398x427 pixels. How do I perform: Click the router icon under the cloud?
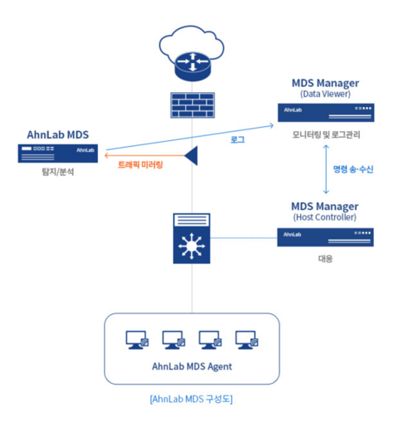click(192, 66)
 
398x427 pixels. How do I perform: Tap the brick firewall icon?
click(192, 105)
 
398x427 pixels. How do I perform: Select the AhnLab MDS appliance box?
click(58, 153)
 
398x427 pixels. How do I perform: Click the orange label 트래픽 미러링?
click(140, 165)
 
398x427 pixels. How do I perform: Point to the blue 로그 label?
click(238, 139)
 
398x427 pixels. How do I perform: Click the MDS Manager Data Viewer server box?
click(326, 113)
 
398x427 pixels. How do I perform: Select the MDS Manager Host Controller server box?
click(325, 237)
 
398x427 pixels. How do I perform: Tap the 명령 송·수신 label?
click(353, 169)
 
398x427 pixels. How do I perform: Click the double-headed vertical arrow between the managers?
click(326, 169)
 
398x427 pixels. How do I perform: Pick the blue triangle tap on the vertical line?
click(192, 156)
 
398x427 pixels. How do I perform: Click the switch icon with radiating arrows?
click(192, 238)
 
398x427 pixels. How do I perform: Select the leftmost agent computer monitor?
click(137, 340)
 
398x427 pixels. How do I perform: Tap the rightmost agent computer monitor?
click(247, 340)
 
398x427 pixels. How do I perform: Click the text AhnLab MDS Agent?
click(192, 366)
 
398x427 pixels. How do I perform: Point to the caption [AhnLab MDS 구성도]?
click(192, 399)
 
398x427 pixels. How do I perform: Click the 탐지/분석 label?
click(58, 172)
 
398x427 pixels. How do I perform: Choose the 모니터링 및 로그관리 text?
click(326, 134)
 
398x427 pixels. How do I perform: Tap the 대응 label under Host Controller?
click(325, 259)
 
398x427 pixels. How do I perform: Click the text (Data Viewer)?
click(325, 94)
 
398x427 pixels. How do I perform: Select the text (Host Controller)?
click(325, 217)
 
